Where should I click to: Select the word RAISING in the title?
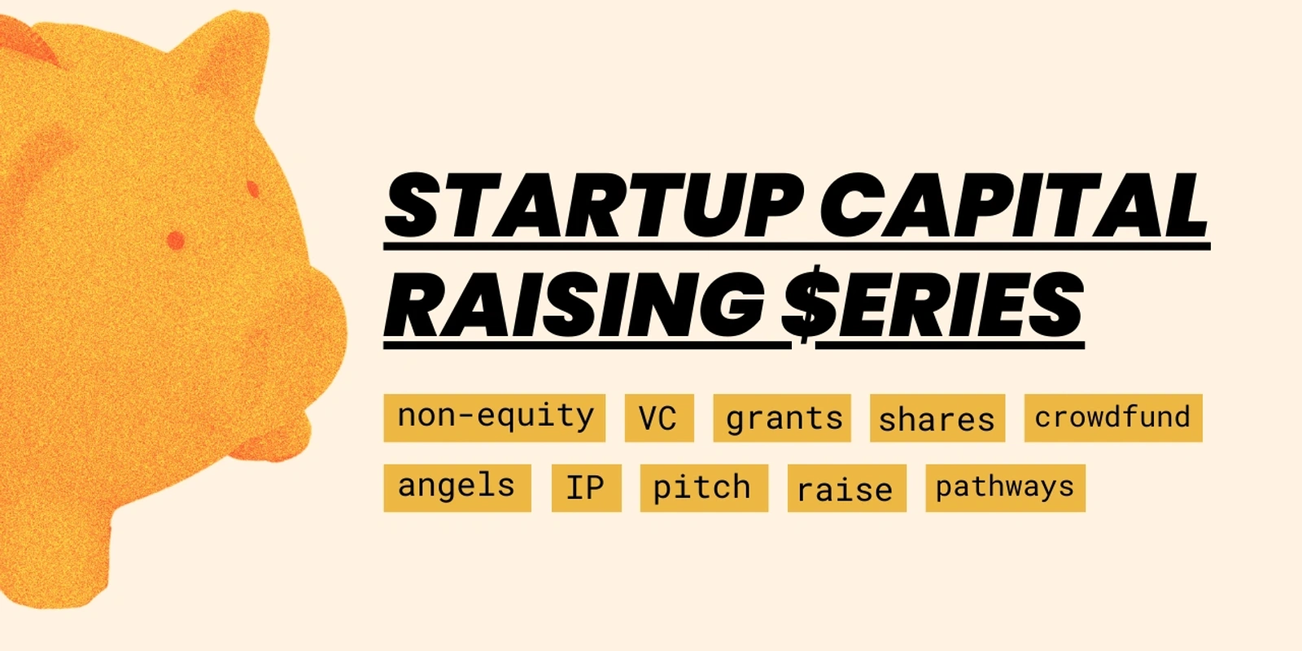click(x=575, y=305)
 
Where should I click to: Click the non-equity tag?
click(x=495, y=418)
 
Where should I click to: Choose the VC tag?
click(x=659, y=418)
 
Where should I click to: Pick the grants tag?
click(x=782, y=418)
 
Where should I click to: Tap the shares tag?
click(x=937, y=418)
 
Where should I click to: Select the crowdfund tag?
click(x=1113, y=418)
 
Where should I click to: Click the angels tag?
click(x=457, y=488)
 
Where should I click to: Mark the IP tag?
click(x=587, y=488)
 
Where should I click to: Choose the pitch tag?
click(x=704, y=488)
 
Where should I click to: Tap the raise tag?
click(x=847, y=488)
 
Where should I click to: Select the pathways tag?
click(x=1006, y=488)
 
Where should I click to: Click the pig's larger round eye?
click(x=176, y=240)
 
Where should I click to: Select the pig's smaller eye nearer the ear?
click(x=253, y=189)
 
